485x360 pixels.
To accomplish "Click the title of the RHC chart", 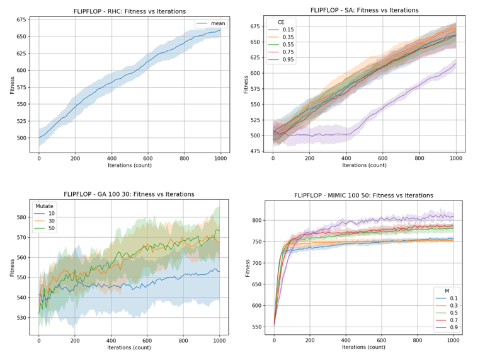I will coord(129,11).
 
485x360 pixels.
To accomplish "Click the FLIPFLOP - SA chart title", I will coord(364,10).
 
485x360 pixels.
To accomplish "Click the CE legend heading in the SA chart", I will coord(281,22).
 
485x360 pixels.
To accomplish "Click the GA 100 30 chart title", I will coord(129,194).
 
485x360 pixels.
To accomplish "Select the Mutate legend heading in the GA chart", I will coord(43,206).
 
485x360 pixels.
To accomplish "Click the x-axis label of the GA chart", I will coord(129,347).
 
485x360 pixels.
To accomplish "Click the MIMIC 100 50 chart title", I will coord(364,196).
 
